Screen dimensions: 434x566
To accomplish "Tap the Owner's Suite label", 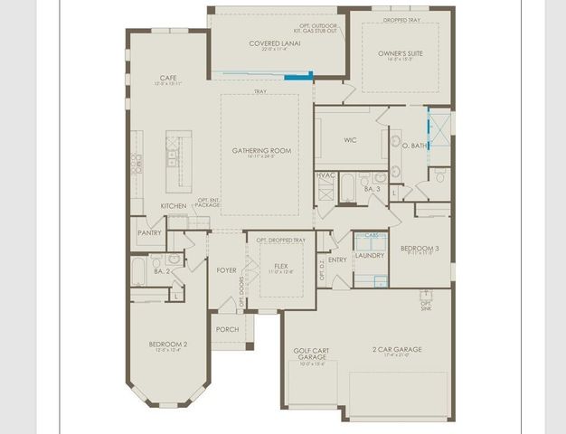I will [x=401, y=54].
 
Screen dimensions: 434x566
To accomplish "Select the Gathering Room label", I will [x=261, y=151].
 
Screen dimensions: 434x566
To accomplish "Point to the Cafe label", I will [x=167, y=78].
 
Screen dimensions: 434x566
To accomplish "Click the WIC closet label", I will [x=351, y=140].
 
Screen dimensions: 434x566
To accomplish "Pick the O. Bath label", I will [x=414, y=146].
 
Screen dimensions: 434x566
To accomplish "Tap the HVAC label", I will [x=325, y=175].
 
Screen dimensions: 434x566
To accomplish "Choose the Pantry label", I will [x=149, y=232].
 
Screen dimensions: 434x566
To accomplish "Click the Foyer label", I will [x=226, y=269].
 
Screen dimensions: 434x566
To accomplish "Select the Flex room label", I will [x=280, y=265].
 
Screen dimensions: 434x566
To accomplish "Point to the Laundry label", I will [x=370, y=255].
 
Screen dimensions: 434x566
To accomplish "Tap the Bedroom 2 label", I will [x=168, y=344].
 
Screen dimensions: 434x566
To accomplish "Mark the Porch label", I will [x=227, y=329].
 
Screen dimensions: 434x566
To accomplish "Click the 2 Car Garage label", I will [x=397, y=349].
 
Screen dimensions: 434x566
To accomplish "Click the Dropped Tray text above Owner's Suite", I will [x=400, y=20].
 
